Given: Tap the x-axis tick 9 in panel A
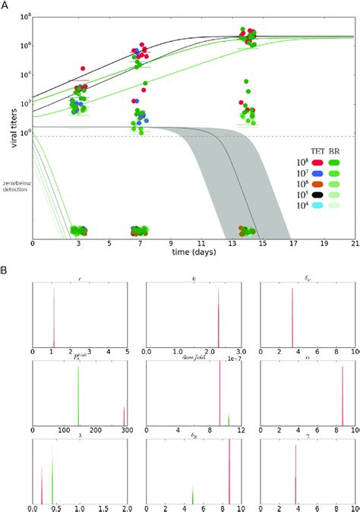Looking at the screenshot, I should [162, 245].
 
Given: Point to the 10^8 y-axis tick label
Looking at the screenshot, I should [21, 16].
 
